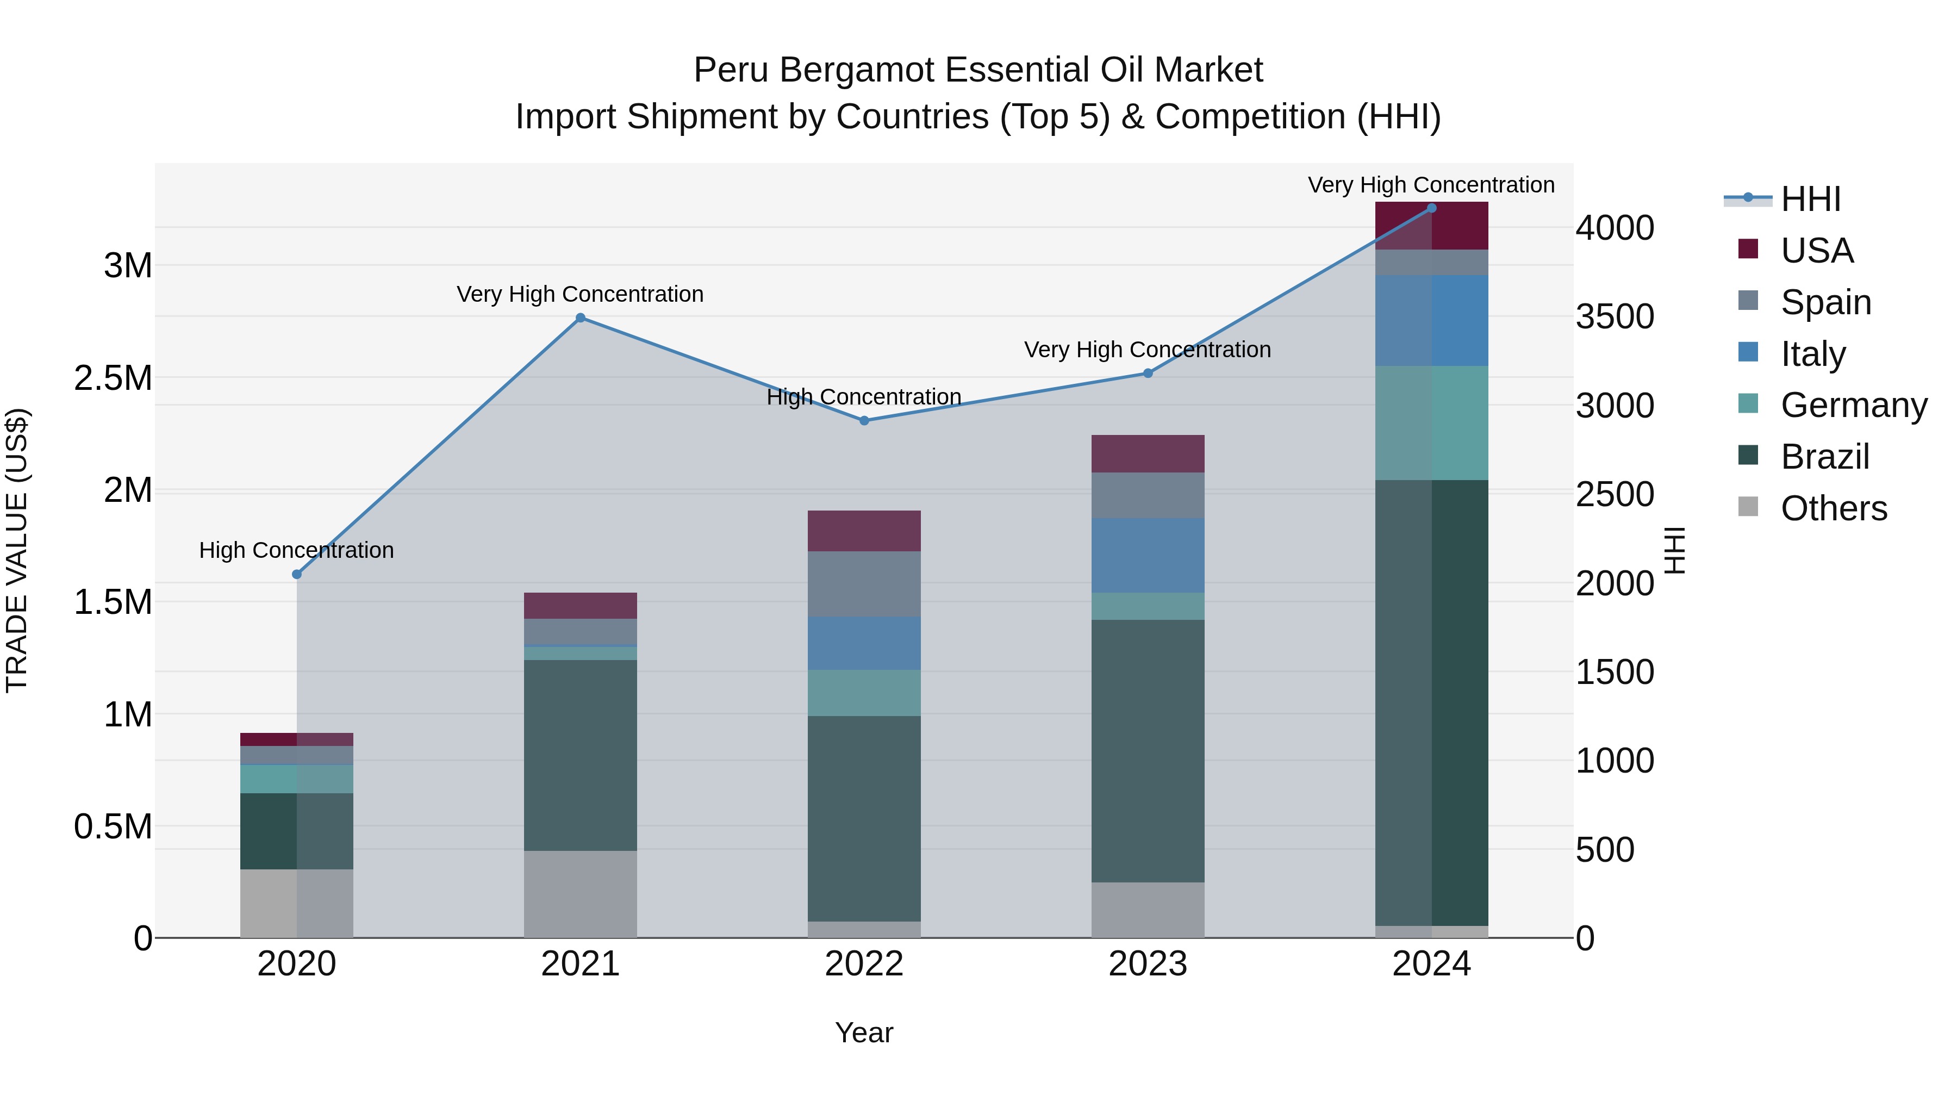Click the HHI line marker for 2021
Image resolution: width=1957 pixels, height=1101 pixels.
click(x=581, y=318)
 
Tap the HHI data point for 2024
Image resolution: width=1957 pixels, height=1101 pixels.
click(x=1431, y=208)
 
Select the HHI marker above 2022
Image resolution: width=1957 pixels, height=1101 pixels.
click(x=864, y=420)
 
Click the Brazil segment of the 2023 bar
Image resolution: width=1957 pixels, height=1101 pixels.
click(x=1148, y=751)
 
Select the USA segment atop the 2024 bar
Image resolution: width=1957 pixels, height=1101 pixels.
click(x=1431, y=226)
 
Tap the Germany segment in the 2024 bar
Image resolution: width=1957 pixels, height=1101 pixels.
click(x=1431, y=422)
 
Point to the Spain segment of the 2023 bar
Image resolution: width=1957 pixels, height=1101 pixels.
click(x=1148, y=495)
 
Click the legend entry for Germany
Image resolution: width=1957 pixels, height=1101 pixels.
click(x=1854, y=405)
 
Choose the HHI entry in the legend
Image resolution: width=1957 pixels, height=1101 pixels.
click(x=1810, y=199)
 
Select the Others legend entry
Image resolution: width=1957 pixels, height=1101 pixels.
click(x=1833, y=508)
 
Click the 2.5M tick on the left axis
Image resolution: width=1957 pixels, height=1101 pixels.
click(x=113, y=378)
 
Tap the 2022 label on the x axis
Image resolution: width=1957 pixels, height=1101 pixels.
click(x=864, y=963)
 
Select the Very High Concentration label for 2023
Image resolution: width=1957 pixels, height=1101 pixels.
click(x=1147, y=350)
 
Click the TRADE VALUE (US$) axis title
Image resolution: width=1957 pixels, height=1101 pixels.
click(x=17, y=550)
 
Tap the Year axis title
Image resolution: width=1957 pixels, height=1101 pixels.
click(x=864, y=1032)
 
